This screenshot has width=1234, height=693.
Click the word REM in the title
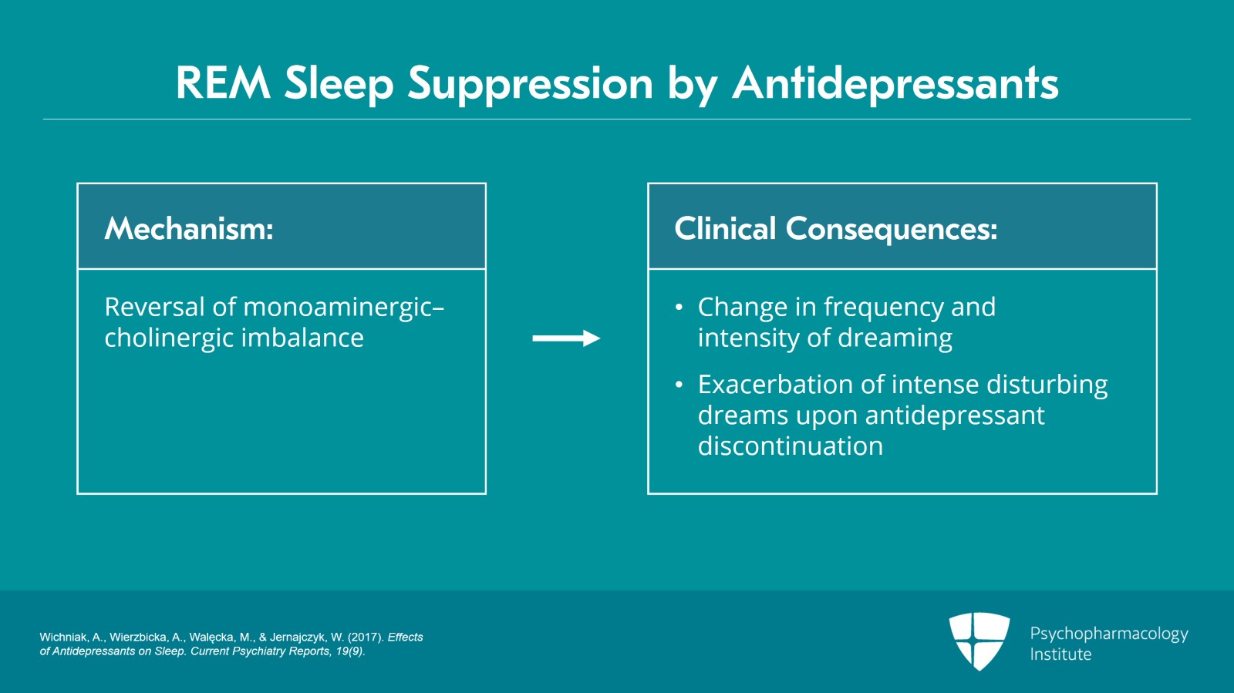click(x=223, y=83)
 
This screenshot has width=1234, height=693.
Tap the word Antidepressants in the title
click(x=895, y=83)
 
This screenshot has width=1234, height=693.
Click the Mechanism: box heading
click(x=189, y=229)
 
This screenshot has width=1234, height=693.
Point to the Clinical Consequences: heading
click(x=835, y=229)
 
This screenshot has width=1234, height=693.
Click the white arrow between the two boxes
click(x=566, y=338)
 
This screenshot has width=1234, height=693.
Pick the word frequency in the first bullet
click(x=883, y=308)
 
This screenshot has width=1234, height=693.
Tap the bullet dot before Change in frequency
click(x=679, y=308)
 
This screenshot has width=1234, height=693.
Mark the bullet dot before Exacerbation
click(x=679, y=385)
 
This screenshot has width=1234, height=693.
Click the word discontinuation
click(x=790, y=446)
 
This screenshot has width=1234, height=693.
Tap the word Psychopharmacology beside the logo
click(x=1108, y=634)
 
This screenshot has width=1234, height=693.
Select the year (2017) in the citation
click(x=365, y=637)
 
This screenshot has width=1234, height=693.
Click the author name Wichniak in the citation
click(x=64, y=637)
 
